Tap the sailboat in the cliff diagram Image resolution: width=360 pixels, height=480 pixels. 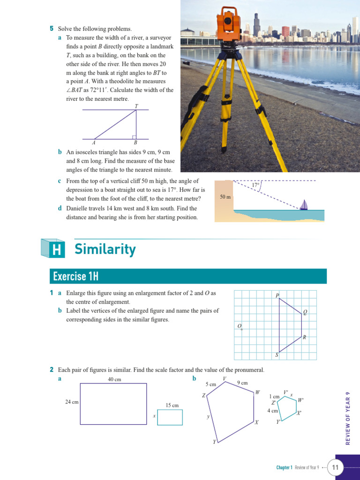304,205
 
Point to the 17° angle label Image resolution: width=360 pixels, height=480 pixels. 255,185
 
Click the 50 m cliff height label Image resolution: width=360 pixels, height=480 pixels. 225,197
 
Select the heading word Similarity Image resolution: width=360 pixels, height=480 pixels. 105,249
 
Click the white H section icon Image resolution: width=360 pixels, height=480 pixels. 56,250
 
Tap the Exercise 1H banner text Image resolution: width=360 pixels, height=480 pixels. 76,276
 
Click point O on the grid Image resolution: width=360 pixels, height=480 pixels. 241,330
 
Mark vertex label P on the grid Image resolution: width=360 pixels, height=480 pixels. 277,295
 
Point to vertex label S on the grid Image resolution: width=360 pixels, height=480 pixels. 277,355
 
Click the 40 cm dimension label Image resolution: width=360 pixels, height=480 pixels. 114,379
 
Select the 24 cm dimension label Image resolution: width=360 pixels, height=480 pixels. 72,402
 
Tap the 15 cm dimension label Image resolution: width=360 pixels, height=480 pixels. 172,405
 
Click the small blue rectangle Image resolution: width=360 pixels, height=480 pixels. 170,417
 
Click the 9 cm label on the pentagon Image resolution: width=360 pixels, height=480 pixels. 242,383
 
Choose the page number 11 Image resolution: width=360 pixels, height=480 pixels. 335,467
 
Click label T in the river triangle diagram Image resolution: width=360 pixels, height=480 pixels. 136,106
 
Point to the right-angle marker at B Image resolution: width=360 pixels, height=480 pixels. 134,137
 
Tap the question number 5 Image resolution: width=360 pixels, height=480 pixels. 52,29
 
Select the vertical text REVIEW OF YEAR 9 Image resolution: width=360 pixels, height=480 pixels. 347,418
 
